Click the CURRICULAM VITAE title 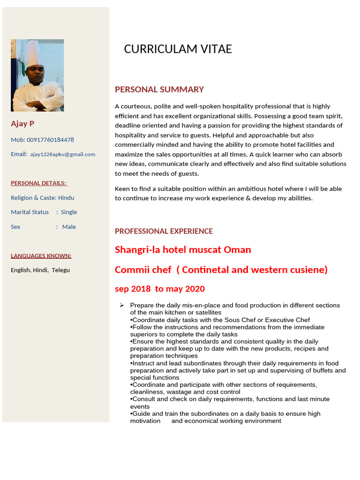178,49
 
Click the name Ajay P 22,124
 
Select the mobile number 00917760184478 50,140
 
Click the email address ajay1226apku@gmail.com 63,154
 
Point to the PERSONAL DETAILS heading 39,183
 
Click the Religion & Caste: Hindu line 43,198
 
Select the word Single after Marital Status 69,212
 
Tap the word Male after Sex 69,227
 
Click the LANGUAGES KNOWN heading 41,256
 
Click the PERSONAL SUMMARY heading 159,90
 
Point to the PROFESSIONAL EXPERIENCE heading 164,231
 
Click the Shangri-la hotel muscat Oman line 183,250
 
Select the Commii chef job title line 221,270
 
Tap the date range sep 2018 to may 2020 160,289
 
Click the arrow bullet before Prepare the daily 122,305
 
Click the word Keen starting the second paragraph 123,189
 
